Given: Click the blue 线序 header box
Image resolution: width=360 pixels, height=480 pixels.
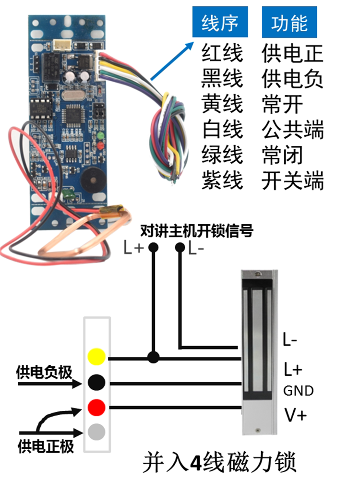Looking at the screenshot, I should tap(220, 22).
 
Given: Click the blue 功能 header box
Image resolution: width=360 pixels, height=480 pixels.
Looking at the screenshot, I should tap(289, 22).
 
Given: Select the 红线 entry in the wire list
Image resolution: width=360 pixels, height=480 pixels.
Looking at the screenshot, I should tap(222, 52).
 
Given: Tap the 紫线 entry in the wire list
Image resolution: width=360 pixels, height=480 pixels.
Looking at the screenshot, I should tap(222, 181).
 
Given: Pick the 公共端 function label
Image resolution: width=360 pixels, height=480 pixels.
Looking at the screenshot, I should tap(293, 130).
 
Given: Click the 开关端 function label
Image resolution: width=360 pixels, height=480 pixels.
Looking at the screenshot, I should tap(293, 181).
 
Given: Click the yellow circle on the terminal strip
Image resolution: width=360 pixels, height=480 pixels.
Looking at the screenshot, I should tap(97, 358).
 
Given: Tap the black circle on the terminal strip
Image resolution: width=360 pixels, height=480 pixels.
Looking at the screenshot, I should tap(97, 383).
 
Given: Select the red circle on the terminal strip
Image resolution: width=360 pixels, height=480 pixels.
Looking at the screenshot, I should tap(97, 408).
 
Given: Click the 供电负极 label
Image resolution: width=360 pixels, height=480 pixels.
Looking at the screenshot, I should tap(44, 371).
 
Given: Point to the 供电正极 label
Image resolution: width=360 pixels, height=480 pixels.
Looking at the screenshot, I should tap(46, 447).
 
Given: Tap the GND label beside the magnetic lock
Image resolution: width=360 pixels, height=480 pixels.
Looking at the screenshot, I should tap(298, 391).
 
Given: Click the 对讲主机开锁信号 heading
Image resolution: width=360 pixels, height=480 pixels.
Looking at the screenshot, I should tap(196, 231).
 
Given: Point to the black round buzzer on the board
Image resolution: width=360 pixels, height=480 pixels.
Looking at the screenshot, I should tap(93, 180).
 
